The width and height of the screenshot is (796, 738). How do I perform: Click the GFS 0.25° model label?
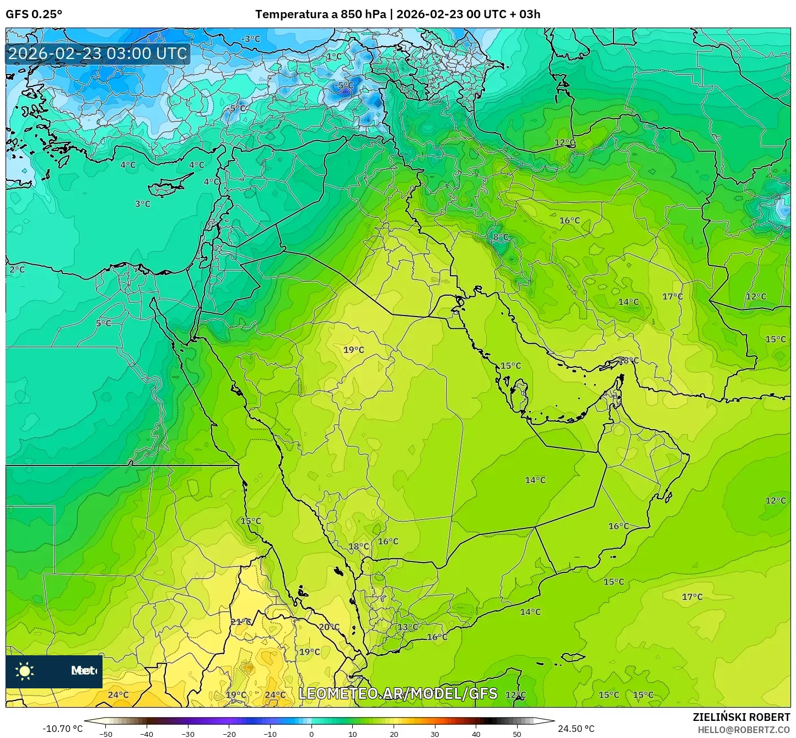click(34, 14)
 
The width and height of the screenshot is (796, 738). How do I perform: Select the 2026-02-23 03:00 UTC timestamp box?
click(98, 54)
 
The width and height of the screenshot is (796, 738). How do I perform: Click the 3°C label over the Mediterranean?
click(143, 204)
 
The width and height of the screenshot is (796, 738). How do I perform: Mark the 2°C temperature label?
click(17, 270)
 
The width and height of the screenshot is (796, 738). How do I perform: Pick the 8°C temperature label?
click(501, 237)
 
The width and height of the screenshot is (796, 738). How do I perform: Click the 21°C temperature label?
click(240, 622)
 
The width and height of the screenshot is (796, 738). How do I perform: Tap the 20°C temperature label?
click(329, 627)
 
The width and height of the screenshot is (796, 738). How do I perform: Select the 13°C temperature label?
click(408, 627)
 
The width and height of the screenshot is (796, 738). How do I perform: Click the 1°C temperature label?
click(334, 56)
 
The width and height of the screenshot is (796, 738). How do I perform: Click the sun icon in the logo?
click(25, 671)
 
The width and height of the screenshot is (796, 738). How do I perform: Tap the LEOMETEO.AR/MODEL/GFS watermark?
click(397, 693)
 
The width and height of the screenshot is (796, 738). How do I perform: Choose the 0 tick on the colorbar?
click(311, 734)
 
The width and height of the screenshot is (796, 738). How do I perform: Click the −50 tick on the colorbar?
click(105, 734)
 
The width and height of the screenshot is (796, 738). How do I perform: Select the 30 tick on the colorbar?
click(435, 734)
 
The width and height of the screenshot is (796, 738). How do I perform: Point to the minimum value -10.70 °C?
click(62, 729)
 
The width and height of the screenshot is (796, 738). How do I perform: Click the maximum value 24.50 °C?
click(576, 729)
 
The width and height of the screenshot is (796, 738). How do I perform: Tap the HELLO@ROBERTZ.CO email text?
click(744, 729)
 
